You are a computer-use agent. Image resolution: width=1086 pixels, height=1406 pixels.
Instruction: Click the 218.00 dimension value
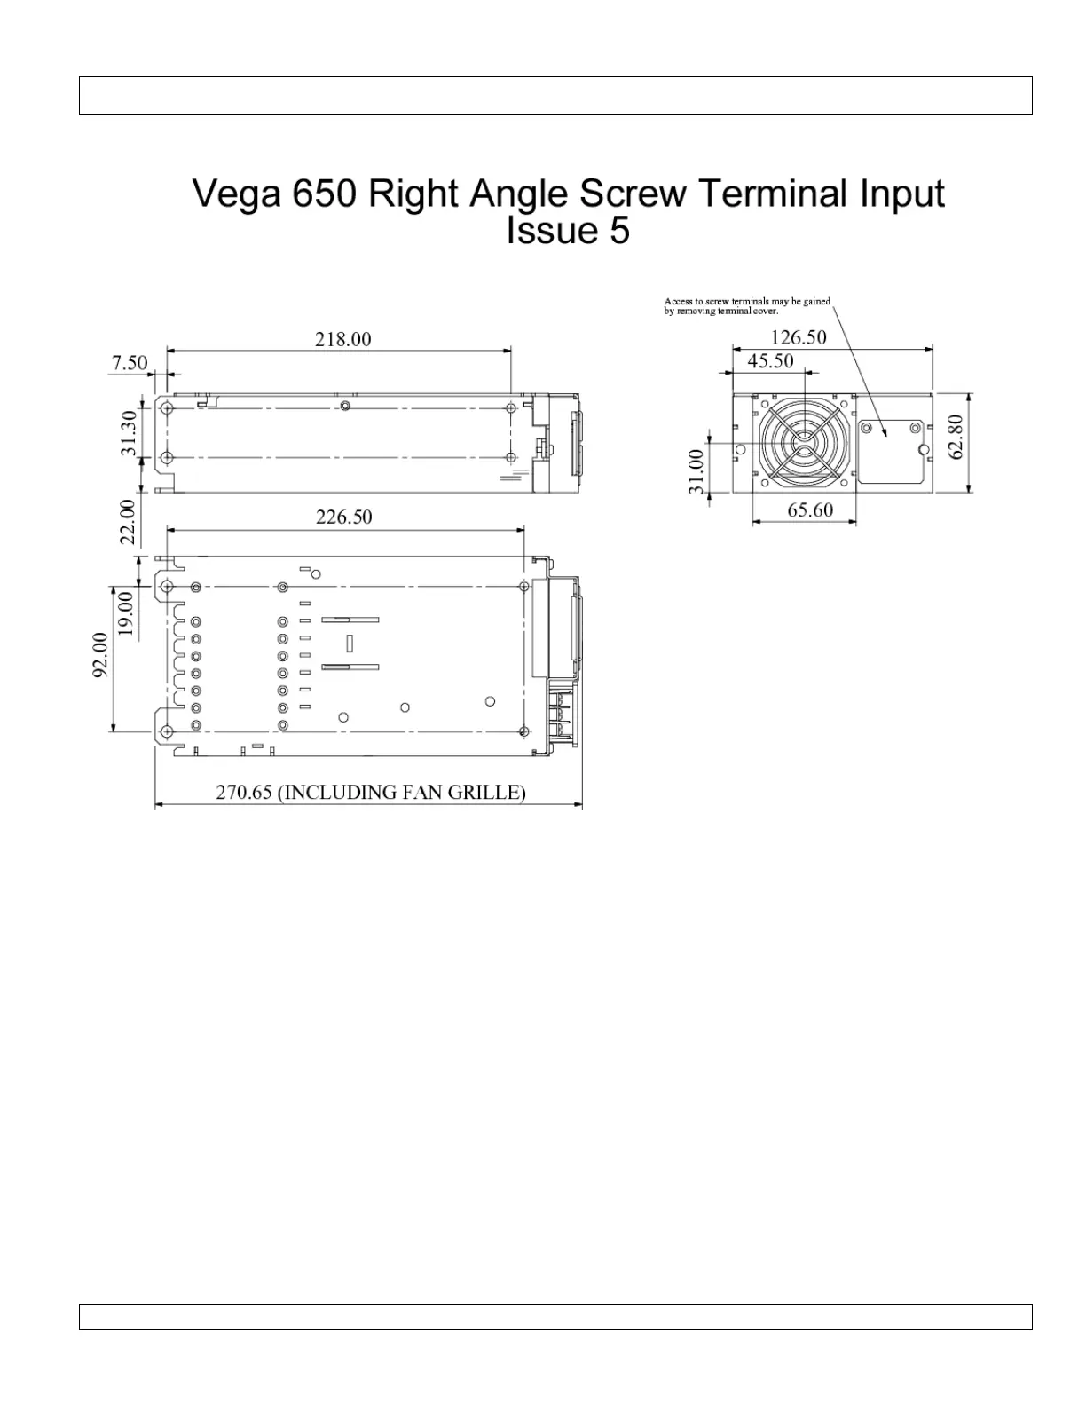(343, 339)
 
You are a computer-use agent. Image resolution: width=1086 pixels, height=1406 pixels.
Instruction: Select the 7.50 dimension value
(130, 363)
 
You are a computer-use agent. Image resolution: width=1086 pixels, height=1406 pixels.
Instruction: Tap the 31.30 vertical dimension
(130, 432)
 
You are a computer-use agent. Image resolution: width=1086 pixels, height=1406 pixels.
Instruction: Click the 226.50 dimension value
(344, 517)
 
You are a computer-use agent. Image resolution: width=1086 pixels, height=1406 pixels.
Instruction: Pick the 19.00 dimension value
(126, 613)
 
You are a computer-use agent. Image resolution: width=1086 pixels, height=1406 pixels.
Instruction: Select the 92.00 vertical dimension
(101, 654)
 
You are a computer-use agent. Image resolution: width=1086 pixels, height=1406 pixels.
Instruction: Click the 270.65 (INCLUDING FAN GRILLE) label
(371, 792)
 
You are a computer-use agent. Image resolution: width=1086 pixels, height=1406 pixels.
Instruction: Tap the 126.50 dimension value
(799, 337)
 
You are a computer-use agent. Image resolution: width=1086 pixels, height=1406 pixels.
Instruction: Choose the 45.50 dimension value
(770, 361)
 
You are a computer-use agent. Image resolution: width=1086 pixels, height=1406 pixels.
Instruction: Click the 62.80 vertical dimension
(956, 437)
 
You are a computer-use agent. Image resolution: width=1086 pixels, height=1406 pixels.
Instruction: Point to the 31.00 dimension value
(696, 470)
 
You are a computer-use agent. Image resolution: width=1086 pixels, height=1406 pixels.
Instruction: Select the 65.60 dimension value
(810, 510)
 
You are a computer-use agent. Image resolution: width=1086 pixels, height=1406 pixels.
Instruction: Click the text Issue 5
(568, 231)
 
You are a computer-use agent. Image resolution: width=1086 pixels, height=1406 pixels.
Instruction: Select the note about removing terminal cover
(747, 306)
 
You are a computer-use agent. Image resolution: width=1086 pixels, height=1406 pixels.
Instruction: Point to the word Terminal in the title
(776, 194)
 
